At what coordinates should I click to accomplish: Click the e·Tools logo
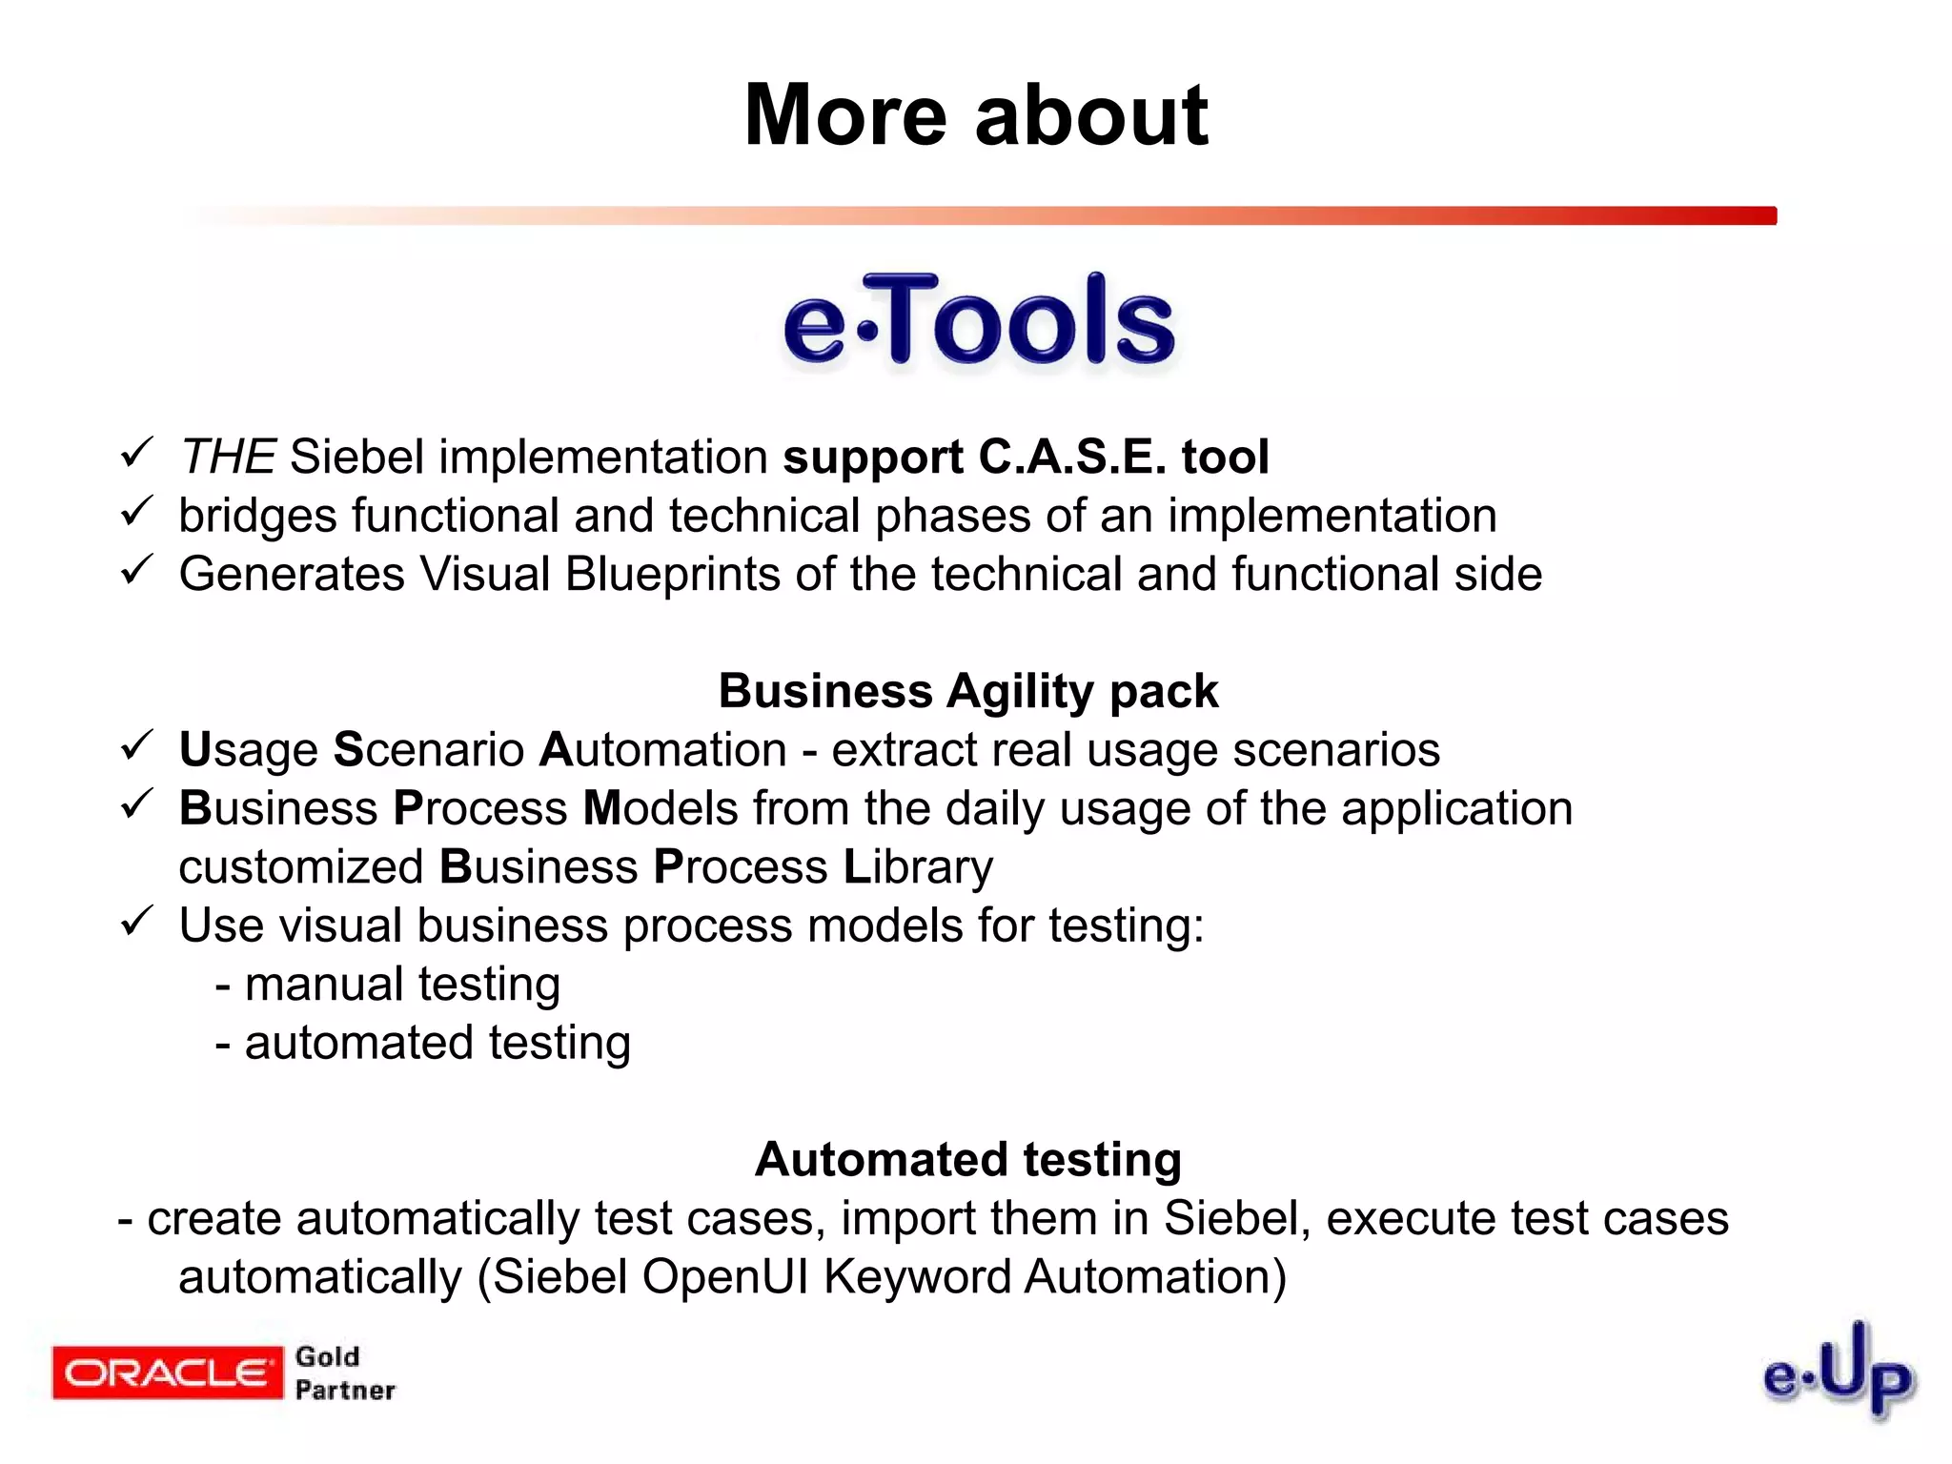pos(979,321)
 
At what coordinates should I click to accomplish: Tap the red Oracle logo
pos(168,1372)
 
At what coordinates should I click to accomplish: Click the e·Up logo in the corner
pos(1838,1372)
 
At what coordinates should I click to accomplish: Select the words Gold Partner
pos(343,1373)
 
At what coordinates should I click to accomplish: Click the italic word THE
pos(228,457)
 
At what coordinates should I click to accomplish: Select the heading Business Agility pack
pos(968,691)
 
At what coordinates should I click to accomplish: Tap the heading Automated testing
pos(968,1160)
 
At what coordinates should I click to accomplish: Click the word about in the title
pos(1091,116)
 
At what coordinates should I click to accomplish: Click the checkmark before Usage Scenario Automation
pos(137,744)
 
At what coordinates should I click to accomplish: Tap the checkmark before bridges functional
pos(137,511)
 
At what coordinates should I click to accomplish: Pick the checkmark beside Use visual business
pos(137,921)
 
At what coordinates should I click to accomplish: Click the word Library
pos(918,867)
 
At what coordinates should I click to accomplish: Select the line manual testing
pos(388,985)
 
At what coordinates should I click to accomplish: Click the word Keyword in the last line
pos(917,1277)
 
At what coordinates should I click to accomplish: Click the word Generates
pos(292,575)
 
